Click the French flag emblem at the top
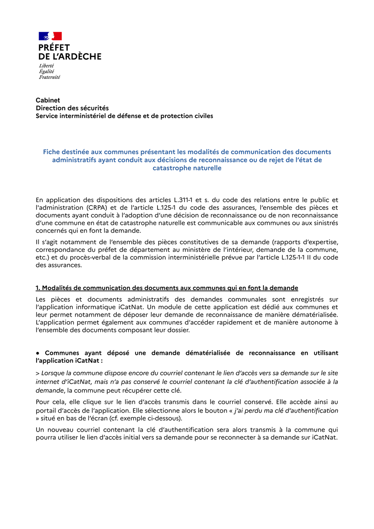click(x=50, y=36)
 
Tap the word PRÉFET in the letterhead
click(x=54, y=48)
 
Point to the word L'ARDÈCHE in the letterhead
click(x=76, y=57)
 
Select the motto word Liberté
click(x=47, y=66)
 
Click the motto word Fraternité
click(x=49, y=77)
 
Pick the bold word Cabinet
click(x=48, y=100)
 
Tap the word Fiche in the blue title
click(x=52, y=152)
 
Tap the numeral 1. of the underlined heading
click(x=38, y=288)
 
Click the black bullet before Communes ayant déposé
click(x=37, y=353)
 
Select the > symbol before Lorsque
click(x=37, y=373)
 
